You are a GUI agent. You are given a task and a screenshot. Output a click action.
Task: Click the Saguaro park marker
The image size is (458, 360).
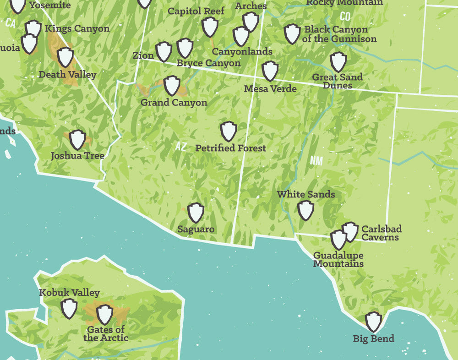point(196,213)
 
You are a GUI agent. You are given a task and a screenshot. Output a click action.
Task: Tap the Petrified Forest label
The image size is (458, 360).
point(230,148)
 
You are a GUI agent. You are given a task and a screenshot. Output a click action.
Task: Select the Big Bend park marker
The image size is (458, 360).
point(373,322)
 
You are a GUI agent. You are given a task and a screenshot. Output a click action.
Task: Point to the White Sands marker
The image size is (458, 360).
point(305,210)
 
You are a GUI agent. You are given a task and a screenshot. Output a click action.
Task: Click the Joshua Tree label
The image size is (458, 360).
point(77,156)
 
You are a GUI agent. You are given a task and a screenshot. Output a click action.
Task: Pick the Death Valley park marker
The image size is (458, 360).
point(65,57)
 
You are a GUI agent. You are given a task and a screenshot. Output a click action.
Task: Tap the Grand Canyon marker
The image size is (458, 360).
point(172,86)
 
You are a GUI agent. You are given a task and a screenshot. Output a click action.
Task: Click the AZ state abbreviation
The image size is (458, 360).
point(181,147)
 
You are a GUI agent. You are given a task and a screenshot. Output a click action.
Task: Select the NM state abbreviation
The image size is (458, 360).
point(316,160)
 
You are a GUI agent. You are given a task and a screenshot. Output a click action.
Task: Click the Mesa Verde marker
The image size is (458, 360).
point(270,71)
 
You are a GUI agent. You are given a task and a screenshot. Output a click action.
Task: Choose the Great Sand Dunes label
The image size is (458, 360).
point(338,81)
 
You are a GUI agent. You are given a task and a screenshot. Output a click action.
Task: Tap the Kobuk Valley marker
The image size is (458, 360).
point(69,308)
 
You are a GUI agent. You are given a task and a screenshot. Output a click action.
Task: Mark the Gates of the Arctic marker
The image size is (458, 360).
point(105,314)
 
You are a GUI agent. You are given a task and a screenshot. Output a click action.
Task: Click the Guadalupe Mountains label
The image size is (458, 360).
point(338,260)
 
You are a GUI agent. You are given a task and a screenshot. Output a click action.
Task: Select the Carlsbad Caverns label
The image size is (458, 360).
point(381,233)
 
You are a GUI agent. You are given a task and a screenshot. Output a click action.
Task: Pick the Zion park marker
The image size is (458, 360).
point(164,52)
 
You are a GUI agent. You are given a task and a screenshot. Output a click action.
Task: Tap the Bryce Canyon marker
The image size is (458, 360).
point(185,48)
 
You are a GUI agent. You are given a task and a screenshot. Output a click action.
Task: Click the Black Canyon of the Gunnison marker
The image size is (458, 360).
point(292,34)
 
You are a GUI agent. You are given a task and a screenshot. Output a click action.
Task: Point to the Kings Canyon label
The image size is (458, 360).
point(77,29)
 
